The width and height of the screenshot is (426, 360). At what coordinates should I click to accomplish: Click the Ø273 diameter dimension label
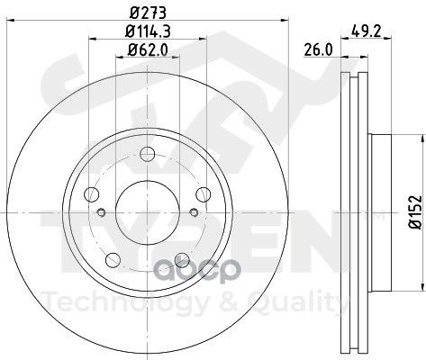click(x=148, y=13)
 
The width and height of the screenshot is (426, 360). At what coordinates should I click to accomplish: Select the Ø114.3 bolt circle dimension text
click(x=148, y=31)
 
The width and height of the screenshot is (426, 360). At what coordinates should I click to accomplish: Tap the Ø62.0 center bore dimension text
click(x=148, y=49)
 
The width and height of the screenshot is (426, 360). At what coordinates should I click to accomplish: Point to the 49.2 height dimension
click(x=366, y=31)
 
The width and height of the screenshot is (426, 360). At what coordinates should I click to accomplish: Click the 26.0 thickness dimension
click(x=318, y=49)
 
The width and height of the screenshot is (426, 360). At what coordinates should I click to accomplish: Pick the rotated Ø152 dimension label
click(x=416, y=212)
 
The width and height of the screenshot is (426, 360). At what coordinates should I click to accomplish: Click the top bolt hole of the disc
click(x=148, y=154)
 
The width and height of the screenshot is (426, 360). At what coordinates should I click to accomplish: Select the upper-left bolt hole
click(x=92, y=194)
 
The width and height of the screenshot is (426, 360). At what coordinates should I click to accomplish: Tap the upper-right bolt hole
click(x=204, y=194)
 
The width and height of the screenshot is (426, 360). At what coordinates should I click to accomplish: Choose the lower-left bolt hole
click(x=113, y=260)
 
